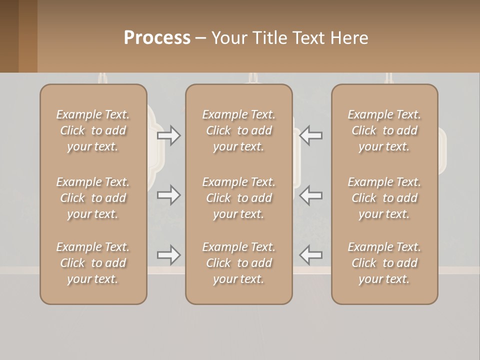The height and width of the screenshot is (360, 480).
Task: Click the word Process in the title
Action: tap(157, 38)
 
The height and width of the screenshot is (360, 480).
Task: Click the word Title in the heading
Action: tap(270, 38)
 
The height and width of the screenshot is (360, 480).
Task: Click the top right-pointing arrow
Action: tap(169, 135)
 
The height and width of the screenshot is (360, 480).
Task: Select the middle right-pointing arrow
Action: tap(169, 195)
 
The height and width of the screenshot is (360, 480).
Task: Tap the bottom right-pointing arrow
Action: tap(169, 255)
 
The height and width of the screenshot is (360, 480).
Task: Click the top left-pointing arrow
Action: tap(310, 135)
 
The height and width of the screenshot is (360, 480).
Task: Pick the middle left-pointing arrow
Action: tap(310, 195)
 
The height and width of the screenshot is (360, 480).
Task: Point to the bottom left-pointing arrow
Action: tap(310, 255)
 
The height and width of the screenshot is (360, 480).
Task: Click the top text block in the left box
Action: tap(93, 130)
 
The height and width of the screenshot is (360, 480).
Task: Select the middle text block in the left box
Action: tap(93, 198)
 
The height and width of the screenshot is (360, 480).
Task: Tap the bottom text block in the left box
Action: tap(93, 263)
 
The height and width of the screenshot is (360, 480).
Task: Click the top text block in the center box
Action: tap(238, 130)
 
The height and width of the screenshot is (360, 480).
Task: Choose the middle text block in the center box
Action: tap(238, 198)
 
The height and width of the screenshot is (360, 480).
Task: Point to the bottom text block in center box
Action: tap(238, 263)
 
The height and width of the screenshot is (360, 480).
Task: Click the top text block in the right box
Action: tap(384, 130)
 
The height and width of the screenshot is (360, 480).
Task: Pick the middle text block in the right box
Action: tap(384, 198)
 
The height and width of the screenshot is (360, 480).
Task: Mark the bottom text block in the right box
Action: tap(384, 263)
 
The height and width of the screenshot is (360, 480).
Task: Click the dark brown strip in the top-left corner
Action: tap(9, 36)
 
